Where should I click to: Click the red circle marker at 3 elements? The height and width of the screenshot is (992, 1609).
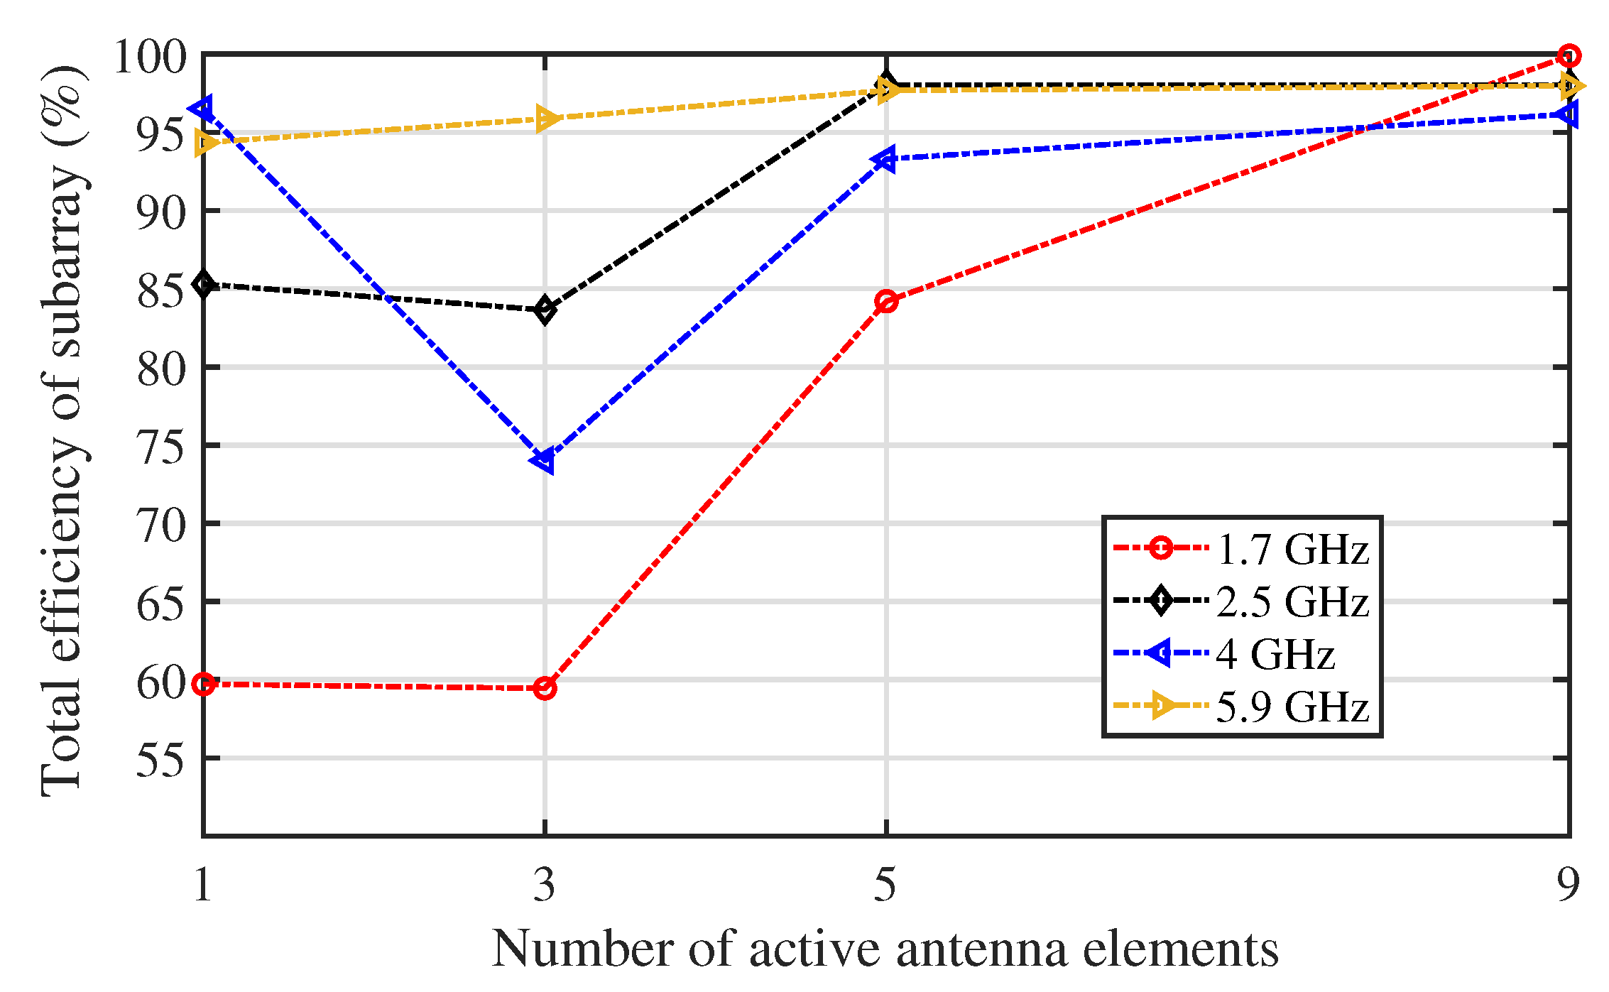coord(545,687)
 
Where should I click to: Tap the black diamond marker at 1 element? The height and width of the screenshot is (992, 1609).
coord(204,284)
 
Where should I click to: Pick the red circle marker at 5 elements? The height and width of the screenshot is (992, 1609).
coord(886,301)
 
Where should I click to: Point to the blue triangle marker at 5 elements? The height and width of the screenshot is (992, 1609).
coord(885,158)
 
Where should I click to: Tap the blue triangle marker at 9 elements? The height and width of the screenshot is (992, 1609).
coord(1567,114)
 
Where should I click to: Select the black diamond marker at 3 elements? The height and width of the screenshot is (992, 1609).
coord(545,310)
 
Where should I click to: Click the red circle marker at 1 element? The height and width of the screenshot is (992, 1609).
coord(204,684)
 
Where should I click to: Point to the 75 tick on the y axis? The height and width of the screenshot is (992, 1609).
coord(161,447)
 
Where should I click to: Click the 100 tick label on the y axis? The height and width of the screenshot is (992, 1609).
coord(150,57)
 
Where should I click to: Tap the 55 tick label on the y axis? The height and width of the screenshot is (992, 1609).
coord(161,761)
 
